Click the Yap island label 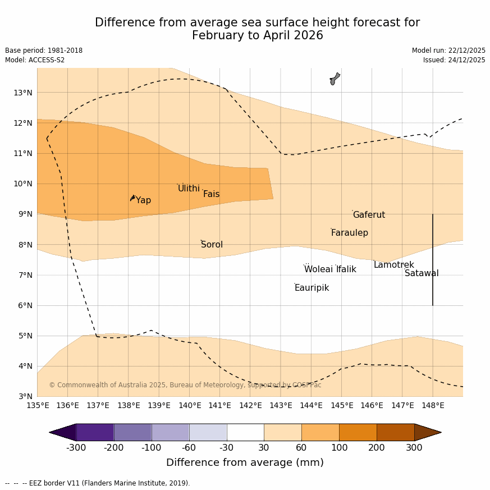(x=143, y=200)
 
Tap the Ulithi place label (x=189, y=189)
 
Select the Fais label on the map (x=211, y=194)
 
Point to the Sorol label (x=212, y=245)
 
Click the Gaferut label (x=369, y=215)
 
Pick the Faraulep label (x=349, y=233)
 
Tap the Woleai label (x=318, y=269)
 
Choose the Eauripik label (x=312, y=288)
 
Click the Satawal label (x=422, y=273)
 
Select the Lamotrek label (x=393, y=265)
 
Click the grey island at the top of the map (x=335, y=79)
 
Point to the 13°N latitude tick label (x=22, y=93)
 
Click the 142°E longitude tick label (x=250, y=405)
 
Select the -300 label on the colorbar (x=76, y=448)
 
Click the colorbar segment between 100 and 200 (x=358, y=432)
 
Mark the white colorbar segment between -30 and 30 (x=245, y=432)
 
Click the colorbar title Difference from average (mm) (x=245, y=462)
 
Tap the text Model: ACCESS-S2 (x=35, y=60)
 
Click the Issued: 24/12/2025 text (x=454, y=60)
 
